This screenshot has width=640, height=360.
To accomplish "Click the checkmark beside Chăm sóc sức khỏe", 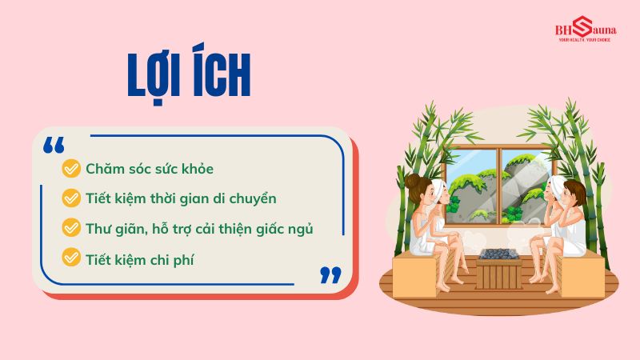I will click(71, 169).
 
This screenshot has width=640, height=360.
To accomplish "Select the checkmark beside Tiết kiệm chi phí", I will click(71, 258).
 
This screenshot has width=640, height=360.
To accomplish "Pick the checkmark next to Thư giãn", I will click(71, 228).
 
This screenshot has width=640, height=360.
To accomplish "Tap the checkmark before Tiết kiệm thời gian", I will click(71, 198).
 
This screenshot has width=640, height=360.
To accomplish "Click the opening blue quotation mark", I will click(54, 146).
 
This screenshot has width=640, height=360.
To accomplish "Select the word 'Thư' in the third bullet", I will click(97, 228).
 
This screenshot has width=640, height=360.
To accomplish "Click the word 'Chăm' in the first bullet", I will click(103, 170).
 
